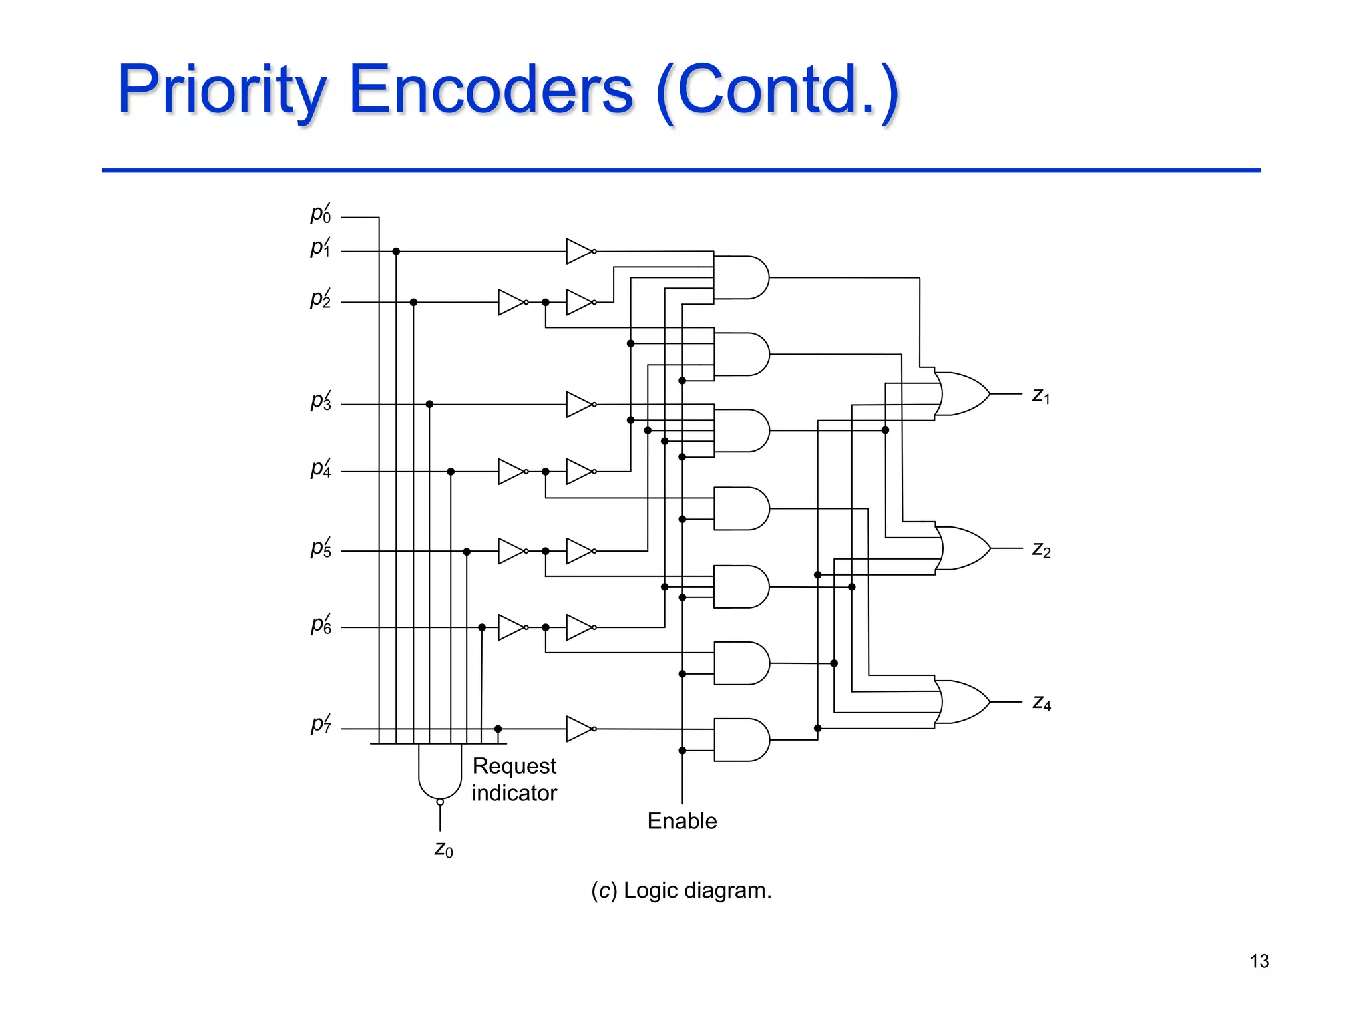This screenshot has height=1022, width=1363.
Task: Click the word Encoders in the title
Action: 490,90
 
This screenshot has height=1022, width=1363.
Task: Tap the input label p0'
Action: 321,214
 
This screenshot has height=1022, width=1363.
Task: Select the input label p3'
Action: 321,401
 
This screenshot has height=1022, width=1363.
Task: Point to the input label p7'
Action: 321,724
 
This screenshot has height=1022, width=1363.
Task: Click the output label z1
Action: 1041,396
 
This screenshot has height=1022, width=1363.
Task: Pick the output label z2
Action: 1041,550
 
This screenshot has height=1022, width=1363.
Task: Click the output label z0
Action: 443,850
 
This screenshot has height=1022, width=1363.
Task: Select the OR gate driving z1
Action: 962,394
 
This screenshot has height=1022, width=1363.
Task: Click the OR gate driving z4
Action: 962,702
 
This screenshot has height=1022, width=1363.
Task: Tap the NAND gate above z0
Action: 440,772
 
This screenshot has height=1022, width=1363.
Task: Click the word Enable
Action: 682,821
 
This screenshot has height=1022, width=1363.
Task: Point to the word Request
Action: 514,766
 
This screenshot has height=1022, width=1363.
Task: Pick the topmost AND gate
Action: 741,277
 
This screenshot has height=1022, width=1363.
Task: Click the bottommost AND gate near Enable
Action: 741,739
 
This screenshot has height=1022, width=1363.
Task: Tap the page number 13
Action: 1259,961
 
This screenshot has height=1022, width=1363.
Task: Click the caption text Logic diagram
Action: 697,890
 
